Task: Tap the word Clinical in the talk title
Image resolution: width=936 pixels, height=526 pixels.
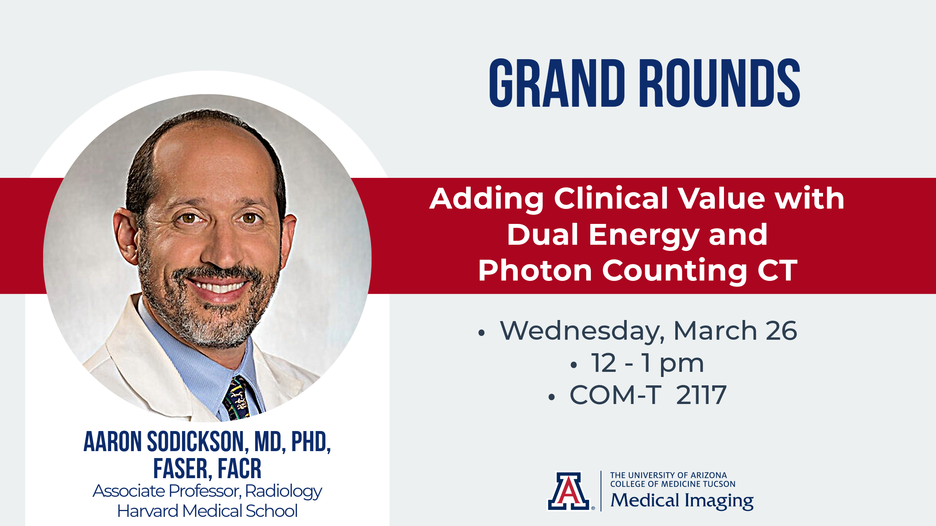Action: click(611, 198)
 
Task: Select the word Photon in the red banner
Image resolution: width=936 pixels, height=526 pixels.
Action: click(535, 271)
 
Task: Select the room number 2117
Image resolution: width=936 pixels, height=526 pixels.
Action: click(701, 395)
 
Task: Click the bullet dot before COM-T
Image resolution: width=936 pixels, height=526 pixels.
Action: click(552, 397)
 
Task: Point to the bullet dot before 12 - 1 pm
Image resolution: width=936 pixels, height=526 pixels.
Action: click(573, 365)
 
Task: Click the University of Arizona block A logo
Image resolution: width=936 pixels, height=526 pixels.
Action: click(568, 491)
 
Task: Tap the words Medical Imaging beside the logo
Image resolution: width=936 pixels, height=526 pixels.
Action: click(682, 501)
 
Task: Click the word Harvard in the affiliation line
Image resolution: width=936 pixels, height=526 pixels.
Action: click(148, 511)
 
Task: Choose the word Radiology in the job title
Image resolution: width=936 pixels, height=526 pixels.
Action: click(283, 492)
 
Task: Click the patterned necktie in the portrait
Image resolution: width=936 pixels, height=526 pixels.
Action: click(238, 398)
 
